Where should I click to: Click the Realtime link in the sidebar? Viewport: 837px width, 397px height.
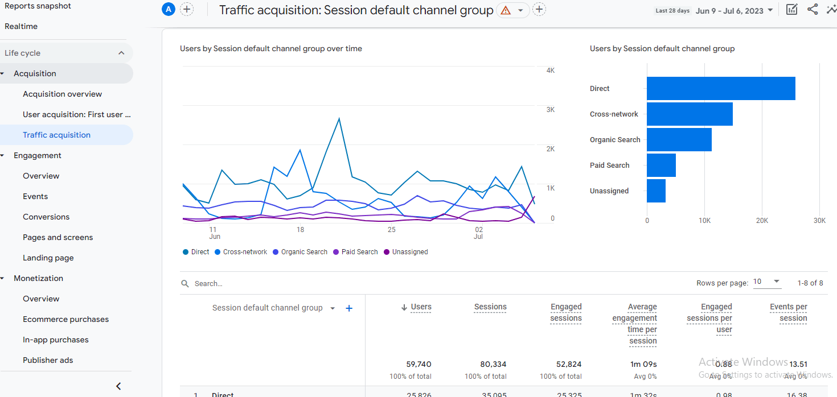(21, 27)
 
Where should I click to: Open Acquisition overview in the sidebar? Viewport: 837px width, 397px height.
(62, 94)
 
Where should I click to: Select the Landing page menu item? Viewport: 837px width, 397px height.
(48, 258)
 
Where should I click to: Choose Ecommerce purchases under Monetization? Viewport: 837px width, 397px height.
(65, 320)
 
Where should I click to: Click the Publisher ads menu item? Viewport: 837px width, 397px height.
(48, 361)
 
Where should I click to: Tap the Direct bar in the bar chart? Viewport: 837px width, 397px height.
(720, 89)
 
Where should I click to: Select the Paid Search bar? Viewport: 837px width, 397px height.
(661, 166)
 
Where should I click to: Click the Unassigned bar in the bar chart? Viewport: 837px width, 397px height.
(656, 191)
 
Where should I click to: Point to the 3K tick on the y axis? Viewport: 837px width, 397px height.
(550, 110)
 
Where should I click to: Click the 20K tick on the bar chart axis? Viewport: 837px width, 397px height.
(762, 221)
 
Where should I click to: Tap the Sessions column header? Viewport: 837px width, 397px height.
(490, 307)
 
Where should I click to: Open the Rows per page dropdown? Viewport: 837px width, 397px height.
(767, 282)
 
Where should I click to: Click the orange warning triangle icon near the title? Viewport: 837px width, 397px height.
(506, 10)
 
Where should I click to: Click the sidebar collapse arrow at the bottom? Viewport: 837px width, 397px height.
(118, 386)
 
